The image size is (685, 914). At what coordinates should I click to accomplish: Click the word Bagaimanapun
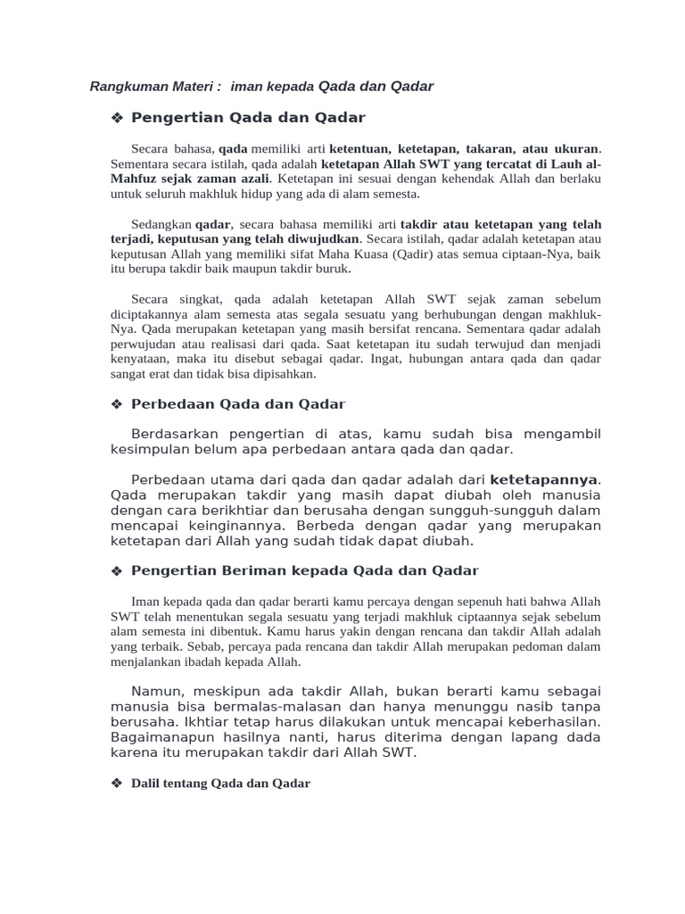tap(164, 737)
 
